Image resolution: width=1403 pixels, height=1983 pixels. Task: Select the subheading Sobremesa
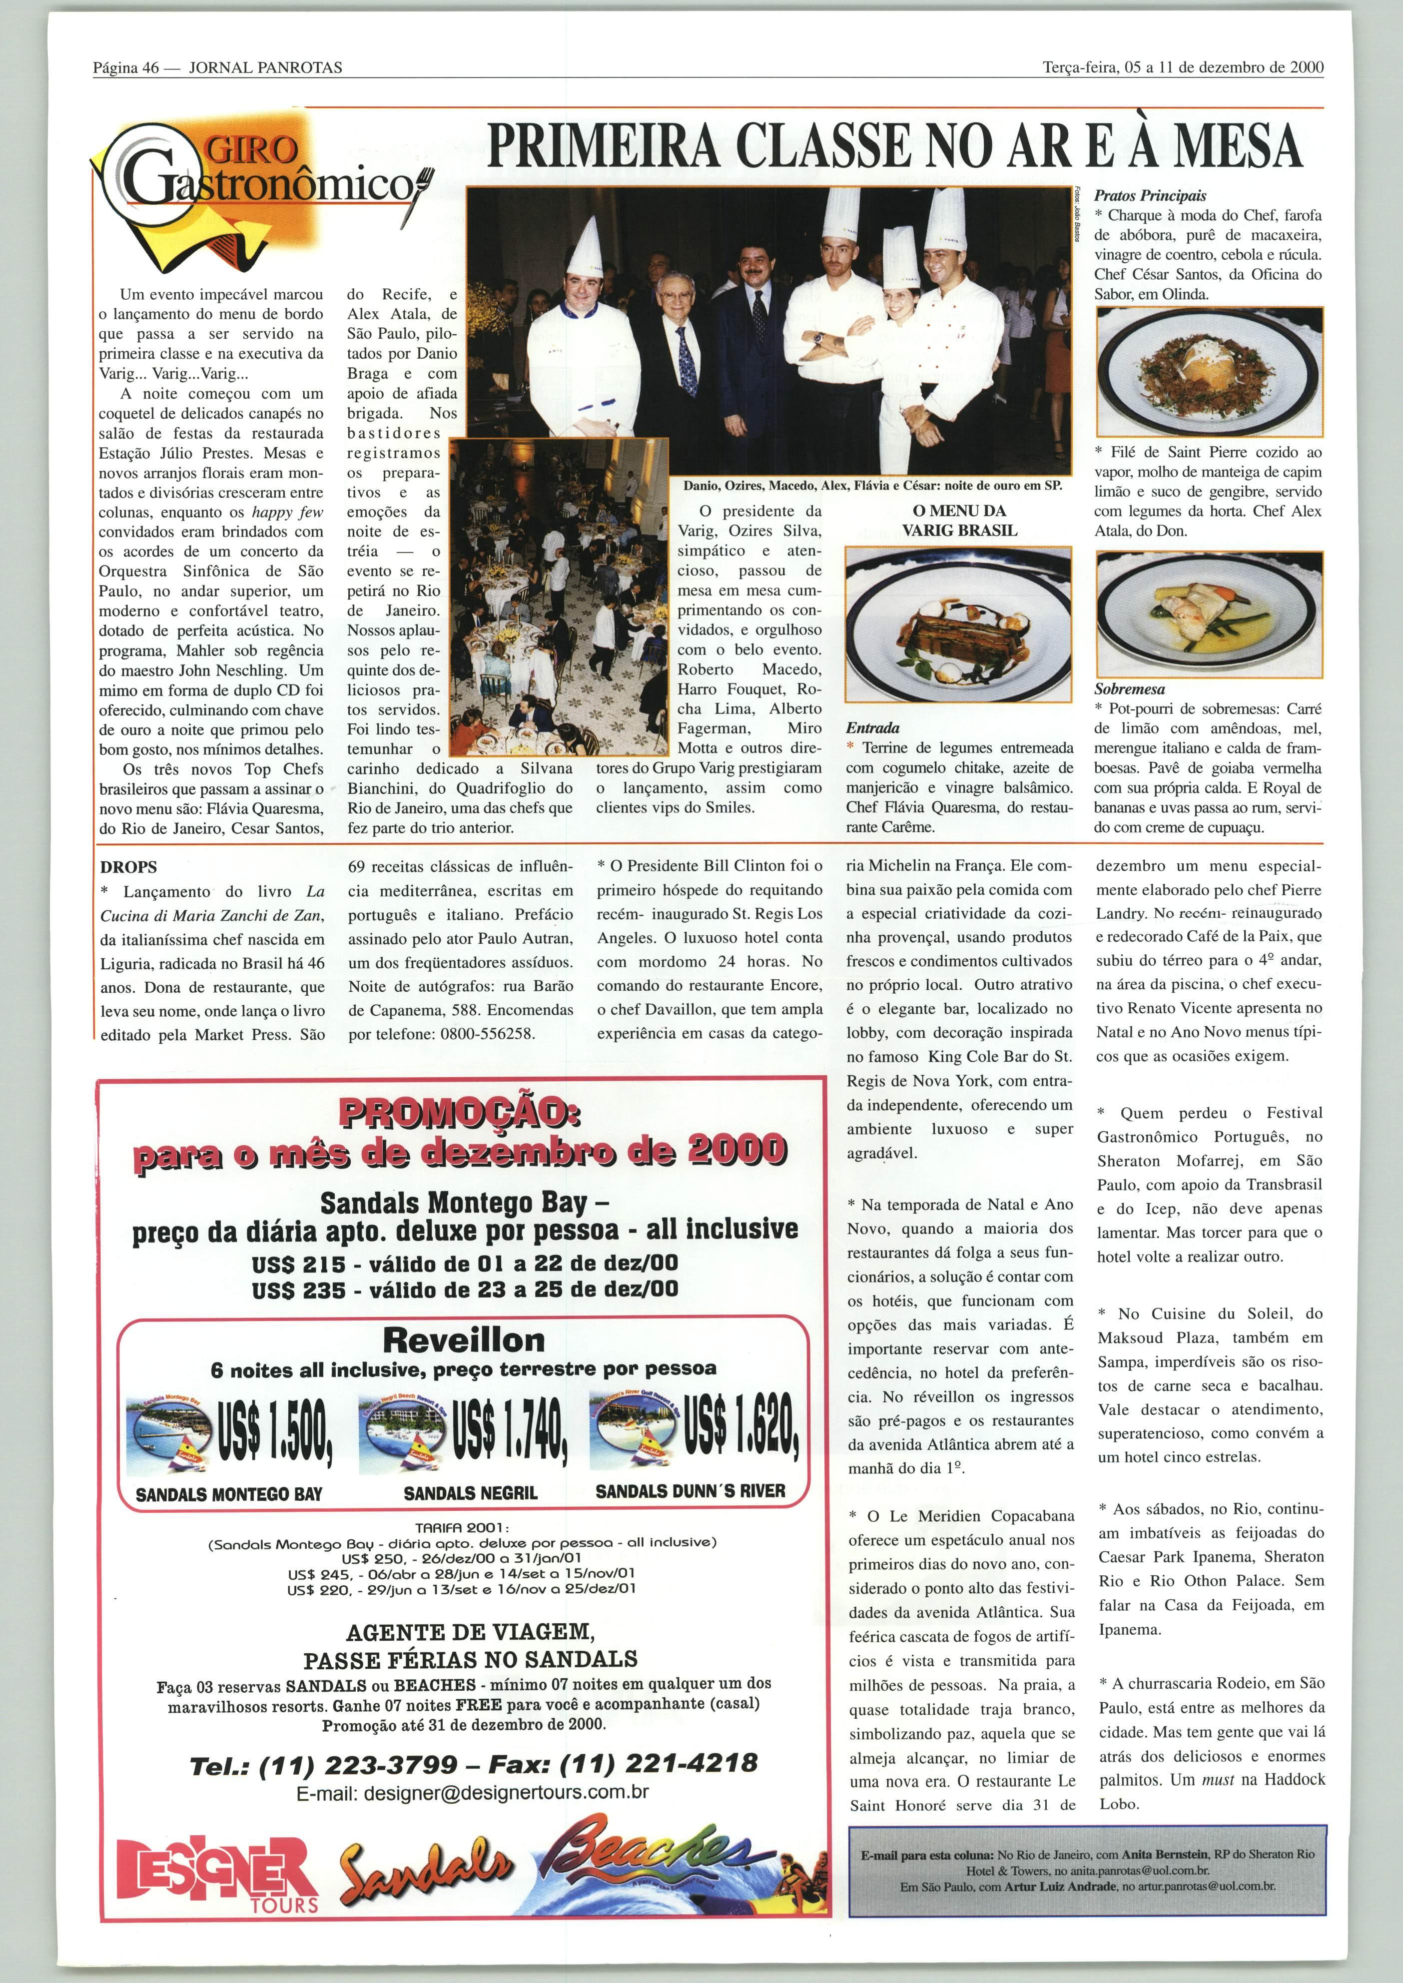click(1129, 689)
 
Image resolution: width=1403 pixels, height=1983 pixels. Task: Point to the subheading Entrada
click(872, 728)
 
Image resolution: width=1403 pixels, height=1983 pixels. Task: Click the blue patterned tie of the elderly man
click(687, 358)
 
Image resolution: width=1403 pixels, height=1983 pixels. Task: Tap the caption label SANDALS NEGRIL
click(470, 1492)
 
